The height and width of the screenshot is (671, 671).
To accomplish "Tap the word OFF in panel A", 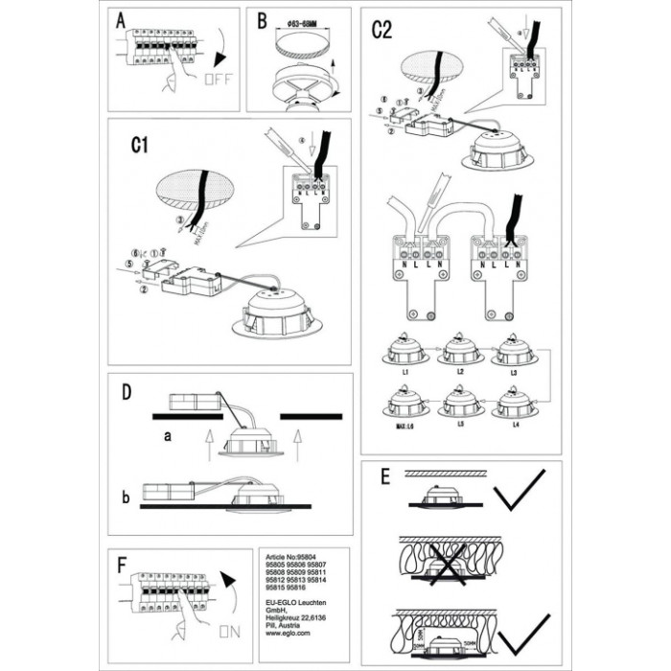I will tap(217, 79).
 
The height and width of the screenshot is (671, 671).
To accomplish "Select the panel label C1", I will tap(142, 146).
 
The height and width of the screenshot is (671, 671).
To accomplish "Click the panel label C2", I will tap(382, 30).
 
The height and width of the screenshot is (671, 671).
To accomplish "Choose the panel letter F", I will tap(121, 565).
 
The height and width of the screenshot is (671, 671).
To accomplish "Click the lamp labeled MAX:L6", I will tap(405, 403).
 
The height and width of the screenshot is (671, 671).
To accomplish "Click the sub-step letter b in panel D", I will tap(126, 498).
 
